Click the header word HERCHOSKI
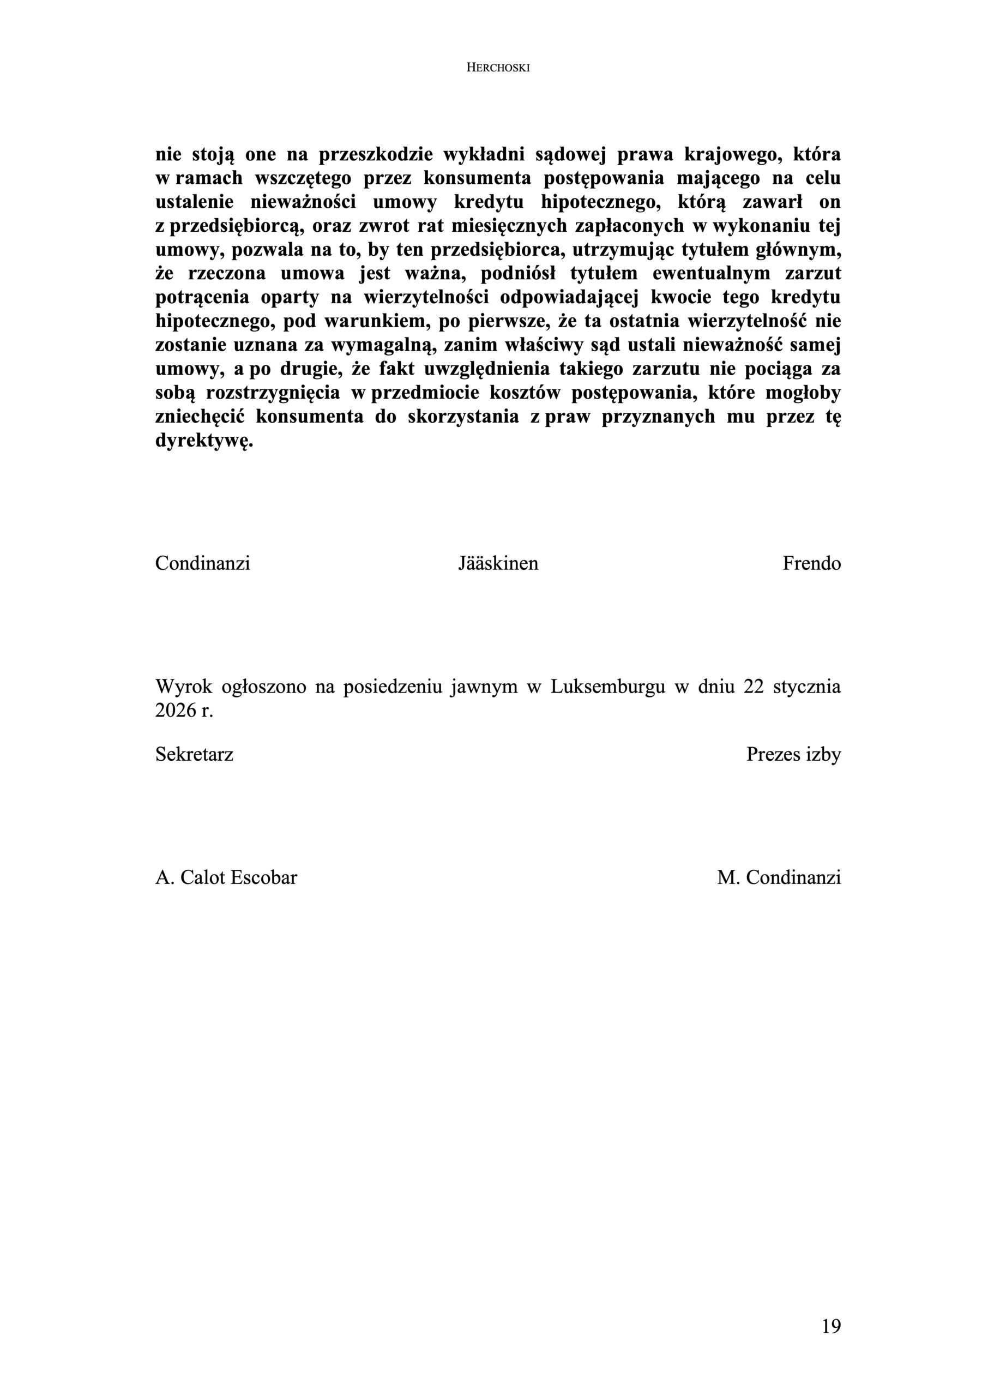point(498,68)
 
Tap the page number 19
point(831,1326)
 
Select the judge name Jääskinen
point(498,563)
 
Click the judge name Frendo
point(811,563)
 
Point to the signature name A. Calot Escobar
point(226,877)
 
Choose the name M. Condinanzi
point(779,877)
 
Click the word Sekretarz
point(194,754)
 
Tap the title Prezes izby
point(793,754)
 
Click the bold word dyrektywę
point(204,441)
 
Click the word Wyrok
point(184,687)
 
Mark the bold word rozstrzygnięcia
point(273,393)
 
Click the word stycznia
point(808,687)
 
